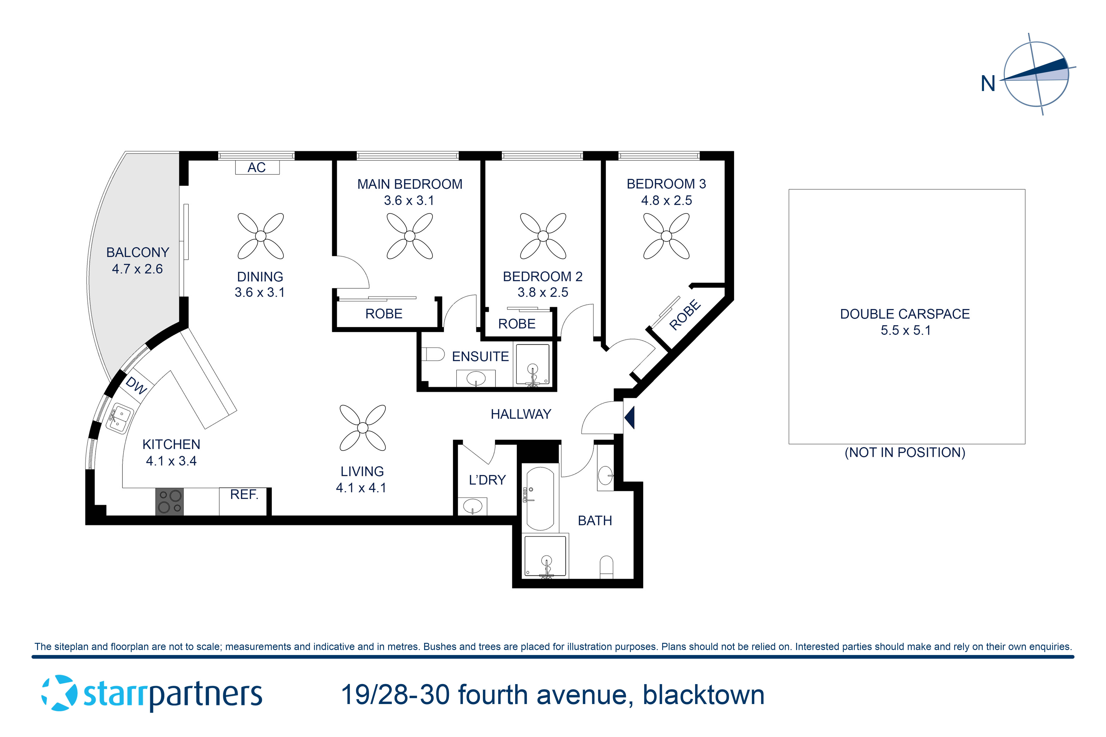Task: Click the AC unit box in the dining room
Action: [257, 167]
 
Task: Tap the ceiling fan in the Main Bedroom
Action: [410, 236]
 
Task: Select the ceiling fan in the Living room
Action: [363, 428]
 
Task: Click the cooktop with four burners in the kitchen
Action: [169, 502]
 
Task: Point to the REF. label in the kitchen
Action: [244, 495]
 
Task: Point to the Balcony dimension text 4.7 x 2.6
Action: [137, 269]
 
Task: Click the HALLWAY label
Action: [521, 414]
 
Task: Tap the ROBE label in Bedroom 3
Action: [685, 315]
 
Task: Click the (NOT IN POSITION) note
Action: [905, 453]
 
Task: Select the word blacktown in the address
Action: [703, 695]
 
